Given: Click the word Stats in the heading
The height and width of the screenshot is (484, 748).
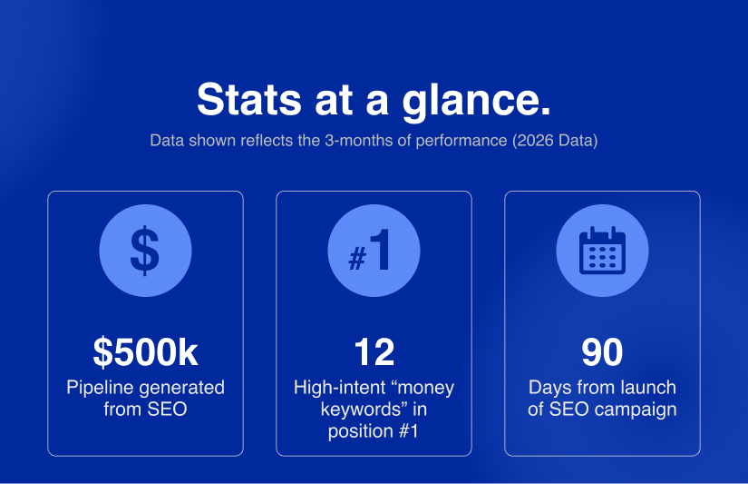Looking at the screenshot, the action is pyautogui.click(x=249, y=99).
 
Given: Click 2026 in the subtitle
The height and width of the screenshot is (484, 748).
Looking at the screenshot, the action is pyautogui.click(x=536, y=141).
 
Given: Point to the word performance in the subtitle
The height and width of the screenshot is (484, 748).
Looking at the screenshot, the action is pyautogui.click(x=461, y=141).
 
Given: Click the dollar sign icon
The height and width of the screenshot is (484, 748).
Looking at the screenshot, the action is pyautogui.click(x=145, y=251).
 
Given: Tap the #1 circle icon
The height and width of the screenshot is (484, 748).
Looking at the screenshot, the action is pyautogui.click(x=374, y=251).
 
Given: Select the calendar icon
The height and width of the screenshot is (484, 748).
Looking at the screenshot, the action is pyautogui.click(x=603, y=251).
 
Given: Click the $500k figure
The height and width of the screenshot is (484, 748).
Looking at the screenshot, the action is pyautogui.click(x=145, y=352).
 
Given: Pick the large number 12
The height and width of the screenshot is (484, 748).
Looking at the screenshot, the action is pyautogui.click(x=374, y=352).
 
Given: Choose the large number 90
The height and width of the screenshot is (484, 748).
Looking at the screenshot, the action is pyautogui.click(x=602, y=352).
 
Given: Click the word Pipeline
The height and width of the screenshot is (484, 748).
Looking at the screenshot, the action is pyautogui.click(x=100, y=388).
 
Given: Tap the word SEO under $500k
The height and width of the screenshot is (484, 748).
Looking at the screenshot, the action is pyautogui.click(x=167, y=410).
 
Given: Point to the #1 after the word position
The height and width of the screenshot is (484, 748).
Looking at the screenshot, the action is pyautogui.click(x=408, y=431).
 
